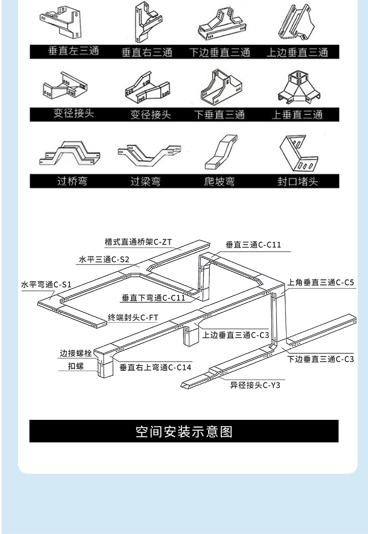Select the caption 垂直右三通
coord(147,52)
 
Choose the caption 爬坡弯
coord(219,181)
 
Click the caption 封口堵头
coord(297,181)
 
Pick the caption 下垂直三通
coord(219,115)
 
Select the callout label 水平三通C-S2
coord(104,260)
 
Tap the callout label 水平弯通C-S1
coord(46,284)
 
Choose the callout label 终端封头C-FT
coord(133,317)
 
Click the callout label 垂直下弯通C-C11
coord(153,297)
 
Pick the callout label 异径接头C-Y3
coord(255,385)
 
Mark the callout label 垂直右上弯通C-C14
coord(155,367)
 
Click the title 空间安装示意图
coord(184,432)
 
